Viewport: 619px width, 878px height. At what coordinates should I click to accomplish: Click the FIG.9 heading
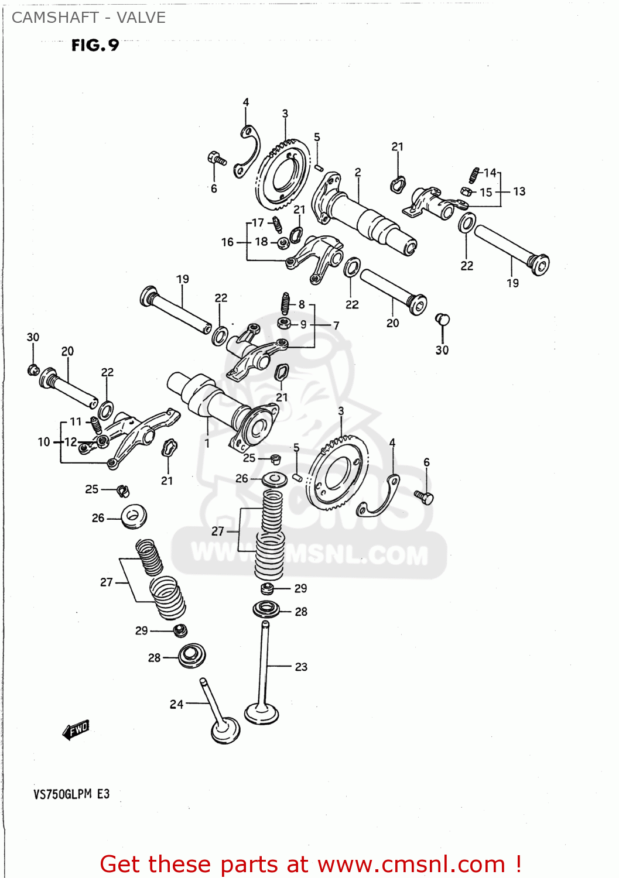point(95,45)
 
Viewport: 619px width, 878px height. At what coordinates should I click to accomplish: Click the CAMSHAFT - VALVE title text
point(88,18)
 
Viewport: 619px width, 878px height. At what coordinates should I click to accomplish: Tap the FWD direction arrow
point(76,730)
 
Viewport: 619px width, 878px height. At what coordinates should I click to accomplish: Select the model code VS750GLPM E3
point(71,794)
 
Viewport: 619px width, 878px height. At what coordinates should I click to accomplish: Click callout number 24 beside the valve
point(176,704)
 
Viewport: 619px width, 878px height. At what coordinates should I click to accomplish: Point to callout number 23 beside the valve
point(301,667)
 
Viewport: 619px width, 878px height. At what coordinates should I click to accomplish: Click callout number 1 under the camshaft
point(207,443)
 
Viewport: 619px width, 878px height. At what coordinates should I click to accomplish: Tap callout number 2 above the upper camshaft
point(358,172)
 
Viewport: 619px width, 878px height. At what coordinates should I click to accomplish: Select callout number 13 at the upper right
point(519,191)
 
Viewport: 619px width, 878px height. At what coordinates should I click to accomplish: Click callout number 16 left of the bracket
point(227,242)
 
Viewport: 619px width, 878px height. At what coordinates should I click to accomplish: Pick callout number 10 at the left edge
point(44,442)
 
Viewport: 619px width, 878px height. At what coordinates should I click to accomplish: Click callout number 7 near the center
point(336,325)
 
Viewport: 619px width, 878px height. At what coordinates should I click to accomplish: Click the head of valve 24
point(225,730)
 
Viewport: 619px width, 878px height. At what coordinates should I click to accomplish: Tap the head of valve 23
point(261,714)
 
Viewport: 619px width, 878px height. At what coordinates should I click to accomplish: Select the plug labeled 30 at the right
point(442,320)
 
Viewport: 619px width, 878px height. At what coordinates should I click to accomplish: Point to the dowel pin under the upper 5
point(319,167)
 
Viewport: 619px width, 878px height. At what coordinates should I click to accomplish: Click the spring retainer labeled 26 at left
point(134,517)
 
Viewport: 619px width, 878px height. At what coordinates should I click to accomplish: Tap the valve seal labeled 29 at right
point(267,588)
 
